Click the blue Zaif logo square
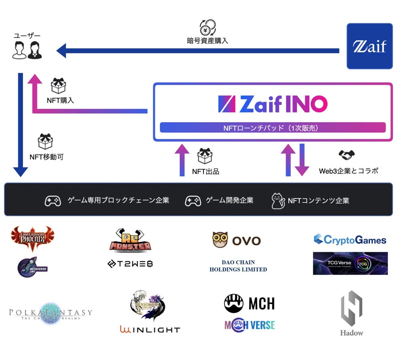369,46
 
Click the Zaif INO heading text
273,104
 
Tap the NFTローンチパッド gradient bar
273,128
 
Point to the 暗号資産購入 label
208,41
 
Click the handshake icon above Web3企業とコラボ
346,155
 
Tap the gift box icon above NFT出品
205,156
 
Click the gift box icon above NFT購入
59,86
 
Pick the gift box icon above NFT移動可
45,141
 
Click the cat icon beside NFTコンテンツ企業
277,201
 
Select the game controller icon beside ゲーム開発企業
193,201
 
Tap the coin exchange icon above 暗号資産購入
208,28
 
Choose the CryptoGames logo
350,239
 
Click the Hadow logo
351,313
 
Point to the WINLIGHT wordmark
150,329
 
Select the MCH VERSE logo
250,325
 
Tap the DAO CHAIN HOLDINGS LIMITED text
238,266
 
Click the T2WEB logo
130,264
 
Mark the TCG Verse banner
350,263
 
